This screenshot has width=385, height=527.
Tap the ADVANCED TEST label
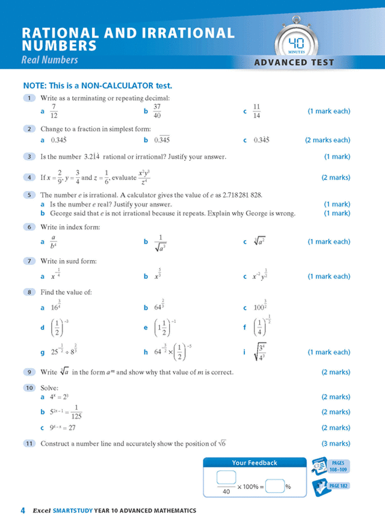295,62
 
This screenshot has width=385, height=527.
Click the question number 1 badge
28,98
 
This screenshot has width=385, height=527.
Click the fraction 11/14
257,111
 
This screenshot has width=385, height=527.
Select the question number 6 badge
28,227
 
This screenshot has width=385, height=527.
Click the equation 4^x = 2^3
60,398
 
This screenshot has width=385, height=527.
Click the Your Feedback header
254,463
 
